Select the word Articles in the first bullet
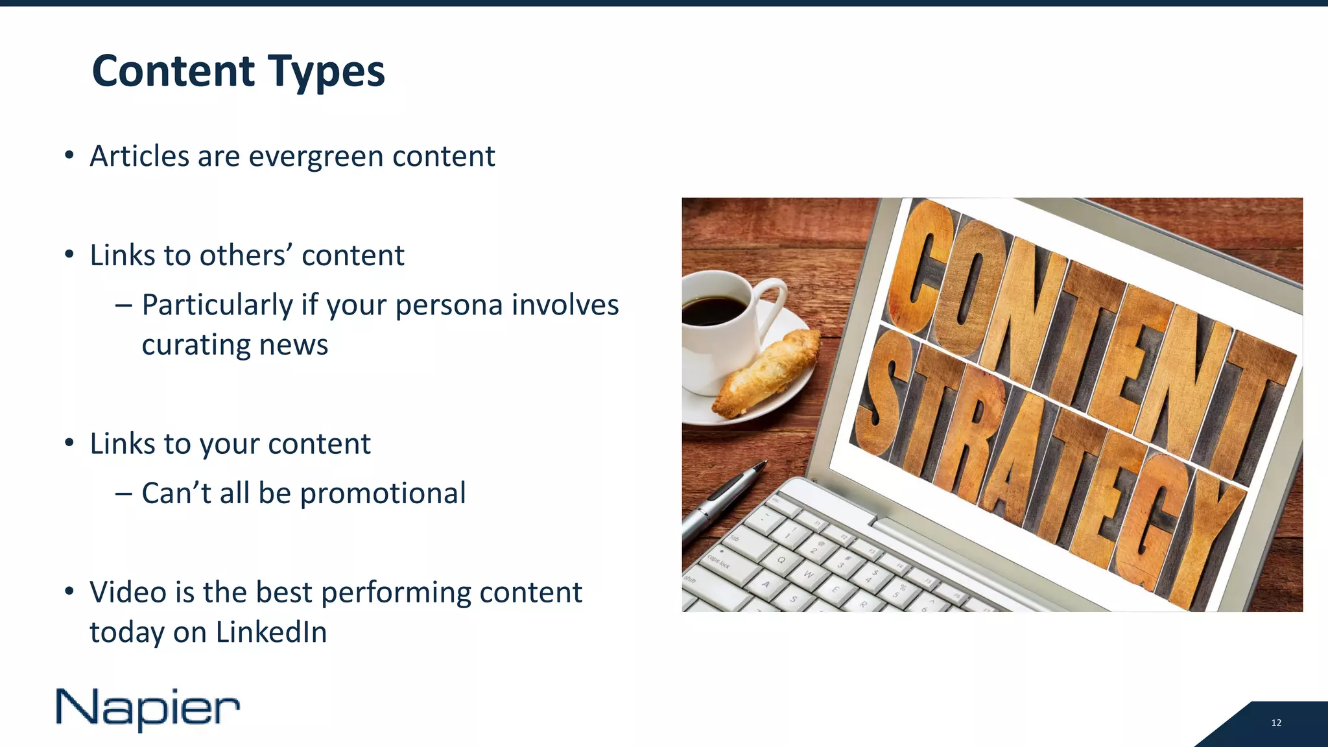[139, 156]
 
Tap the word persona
[449, 305]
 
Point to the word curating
[196, 345]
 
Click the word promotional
[383, 493]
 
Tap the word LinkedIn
[271, 632]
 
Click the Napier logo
[148, 709]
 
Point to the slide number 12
[1276, 723]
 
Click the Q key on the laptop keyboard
[781, 559]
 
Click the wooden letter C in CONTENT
[921, 266]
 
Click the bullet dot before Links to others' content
[69, 255]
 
